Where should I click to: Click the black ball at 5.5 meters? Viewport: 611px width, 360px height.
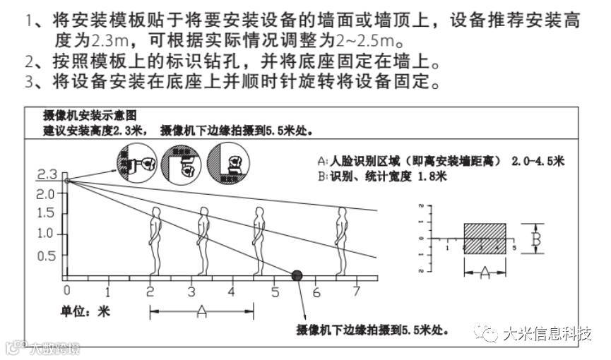pos(297,274)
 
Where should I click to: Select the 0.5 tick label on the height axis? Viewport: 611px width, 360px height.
pos(46,256)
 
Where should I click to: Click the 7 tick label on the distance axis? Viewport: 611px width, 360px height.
pos(357,291)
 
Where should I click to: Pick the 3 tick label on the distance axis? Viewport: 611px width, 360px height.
pos(191,291)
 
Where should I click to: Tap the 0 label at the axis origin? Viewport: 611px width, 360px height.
pos(66,291)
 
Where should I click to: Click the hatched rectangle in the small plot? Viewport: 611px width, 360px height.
pos(484,239)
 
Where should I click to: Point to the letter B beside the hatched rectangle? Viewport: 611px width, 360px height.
pos(536,239)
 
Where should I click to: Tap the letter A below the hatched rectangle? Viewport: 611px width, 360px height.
pos(485,270)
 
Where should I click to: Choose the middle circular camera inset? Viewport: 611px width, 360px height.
pos(182,164)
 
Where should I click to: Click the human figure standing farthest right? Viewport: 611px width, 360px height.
pos(342,240)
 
